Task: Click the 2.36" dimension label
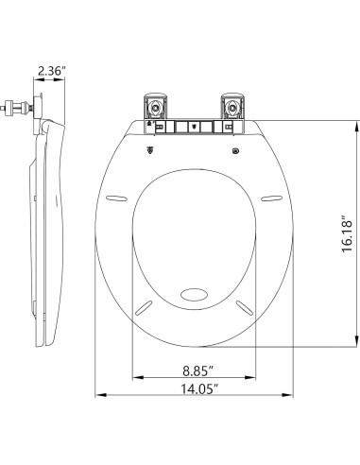tap(52, 71)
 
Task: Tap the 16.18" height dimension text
tap(347, 233)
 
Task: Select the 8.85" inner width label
tap(198, 370)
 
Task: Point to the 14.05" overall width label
tap(199, 388)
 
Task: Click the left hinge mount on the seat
tap(155, 107)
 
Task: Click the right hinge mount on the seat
tap(233, 107)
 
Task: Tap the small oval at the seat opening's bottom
tap(195, 295)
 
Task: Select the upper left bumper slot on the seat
tap(116, 198)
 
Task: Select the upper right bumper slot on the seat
tap(272, 198)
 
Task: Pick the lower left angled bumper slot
tap(144, 307)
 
